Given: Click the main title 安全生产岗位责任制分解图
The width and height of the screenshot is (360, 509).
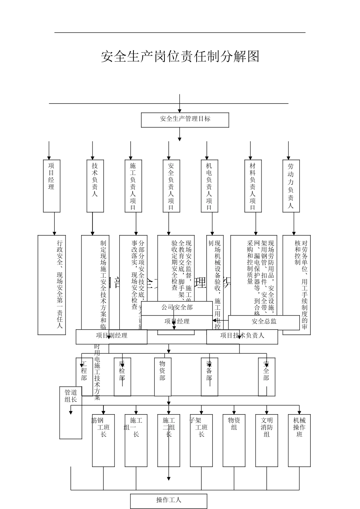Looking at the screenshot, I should (180, 56).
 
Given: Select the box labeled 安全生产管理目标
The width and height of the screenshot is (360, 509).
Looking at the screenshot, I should (185, 120).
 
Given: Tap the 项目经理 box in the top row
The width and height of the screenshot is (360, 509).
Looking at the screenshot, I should (52, 186).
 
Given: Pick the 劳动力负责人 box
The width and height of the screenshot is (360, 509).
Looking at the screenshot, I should (291, 186).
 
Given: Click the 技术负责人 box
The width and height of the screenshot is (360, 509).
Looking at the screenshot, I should (95, 186).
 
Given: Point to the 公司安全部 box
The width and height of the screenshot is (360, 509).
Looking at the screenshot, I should (177, 308).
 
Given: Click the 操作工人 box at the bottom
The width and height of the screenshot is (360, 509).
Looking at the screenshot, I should (169, 501).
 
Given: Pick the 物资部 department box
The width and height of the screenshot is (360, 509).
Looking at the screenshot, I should (163, 376).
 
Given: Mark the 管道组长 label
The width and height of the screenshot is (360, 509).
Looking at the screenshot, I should (70, 396).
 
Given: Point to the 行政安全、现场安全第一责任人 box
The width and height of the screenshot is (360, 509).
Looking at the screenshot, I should (52, 284).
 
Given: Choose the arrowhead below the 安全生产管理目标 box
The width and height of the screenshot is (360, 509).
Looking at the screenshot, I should (180, 139).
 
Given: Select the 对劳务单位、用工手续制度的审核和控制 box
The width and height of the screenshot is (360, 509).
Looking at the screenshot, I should (297, 284).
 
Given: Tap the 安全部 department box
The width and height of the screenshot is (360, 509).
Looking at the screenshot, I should (266, 376).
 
